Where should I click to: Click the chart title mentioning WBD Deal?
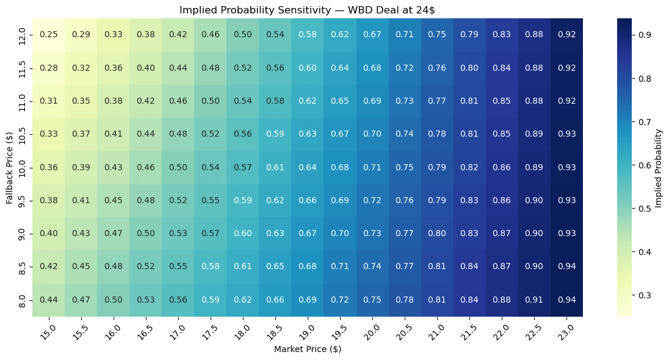pos(307,10)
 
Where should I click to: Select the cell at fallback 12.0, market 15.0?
pos(49,34)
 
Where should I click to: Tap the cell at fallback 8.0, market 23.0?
pos(566,300)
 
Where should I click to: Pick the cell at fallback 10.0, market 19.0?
pos(308,167)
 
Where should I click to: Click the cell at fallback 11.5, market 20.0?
pos(372,67)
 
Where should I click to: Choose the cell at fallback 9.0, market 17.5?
pos(211,233)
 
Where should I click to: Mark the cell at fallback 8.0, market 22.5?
pos(534,300)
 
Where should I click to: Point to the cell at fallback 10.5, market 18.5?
pos(275,134)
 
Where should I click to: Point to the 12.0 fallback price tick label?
pos(23,34)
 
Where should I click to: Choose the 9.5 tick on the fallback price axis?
pos(23,200)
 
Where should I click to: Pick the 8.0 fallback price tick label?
pos(23,300)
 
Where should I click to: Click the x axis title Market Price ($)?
pos(307,349)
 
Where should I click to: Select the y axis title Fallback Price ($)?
pos(9,167)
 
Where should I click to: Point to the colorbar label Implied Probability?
pos(659,167)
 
